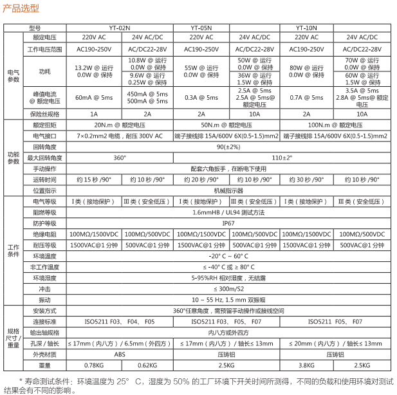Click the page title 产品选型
tap(21, 8)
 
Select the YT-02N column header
tap(119, 28)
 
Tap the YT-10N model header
tap(307, 28)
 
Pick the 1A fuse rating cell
tap(94, 114)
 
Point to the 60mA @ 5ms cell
tap(94, 98)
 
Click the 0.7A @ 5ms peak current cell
tap(307, 98)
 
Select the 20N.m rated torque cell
tap(119, 125)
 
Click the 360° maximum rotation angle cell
tap(119, 157)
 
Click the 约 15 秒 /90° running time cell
tap(94, 179)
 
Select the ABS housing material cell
tap(119, 354)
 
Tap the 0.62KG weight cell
tap(147, 365)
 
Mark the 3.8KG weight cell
tap(307, 365)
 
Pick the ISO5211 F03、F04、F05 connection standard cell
tap(119, 321)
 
